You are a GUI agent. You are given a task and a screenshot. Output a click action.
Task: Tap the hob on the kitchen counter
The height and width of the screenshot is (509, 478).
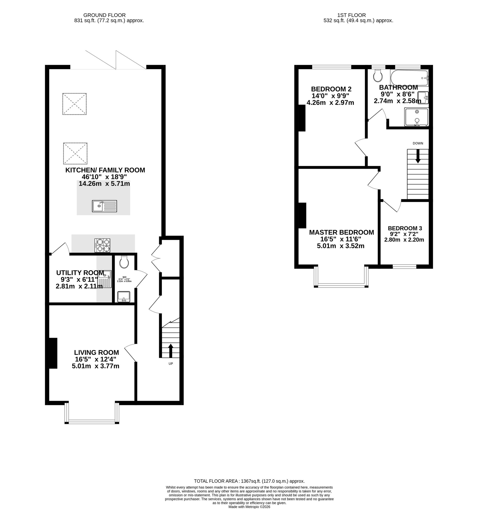click(x=103, y=245)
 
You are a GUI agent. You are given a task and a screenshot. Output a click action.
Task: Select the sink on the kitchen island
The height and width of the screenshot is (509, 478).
click(x=104, y=206)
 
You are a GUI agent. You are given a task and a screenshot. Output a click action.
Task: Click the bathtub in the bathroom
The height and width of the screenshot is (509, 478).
click(x=409, y=78)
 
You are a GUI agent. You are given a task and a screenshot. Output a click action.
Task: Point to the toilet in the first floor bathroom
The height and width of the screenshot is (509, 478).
click(x=378, y=75)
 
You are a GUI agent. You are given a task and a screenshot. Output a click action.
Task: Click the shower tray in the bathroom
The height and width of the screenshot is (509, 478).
click(x=416, y=117)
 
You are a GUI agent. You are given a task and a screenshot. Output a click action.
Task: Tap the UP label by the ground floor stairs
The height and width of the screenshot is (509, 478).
click(x=171, y=364)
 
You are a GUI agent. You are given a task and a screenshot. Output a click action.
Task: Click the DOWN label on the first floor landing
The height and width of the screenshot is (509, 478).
click(x=418, y=143)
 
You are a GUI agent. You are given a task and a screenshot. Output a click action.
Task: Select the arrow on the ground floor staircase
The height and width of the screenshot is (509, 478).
click(x=171, y=351)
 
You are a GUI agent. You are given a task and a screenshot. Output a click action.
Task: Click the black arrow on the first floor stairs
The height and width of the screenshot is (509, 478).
click(x=418, y=156)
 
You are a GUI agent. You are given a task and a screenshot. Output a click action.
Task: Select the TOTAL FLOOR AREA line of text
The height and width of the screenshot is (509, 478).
click(x=249, y=481)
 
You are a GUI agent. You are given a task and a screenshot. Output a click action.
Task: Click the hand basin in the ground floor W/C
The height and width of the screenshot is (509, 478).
click(x=124, y=297)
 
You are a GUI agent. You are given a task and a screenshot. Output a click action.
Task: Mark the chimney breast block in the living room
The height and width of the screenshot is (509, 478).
click(x=53, y=353)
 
